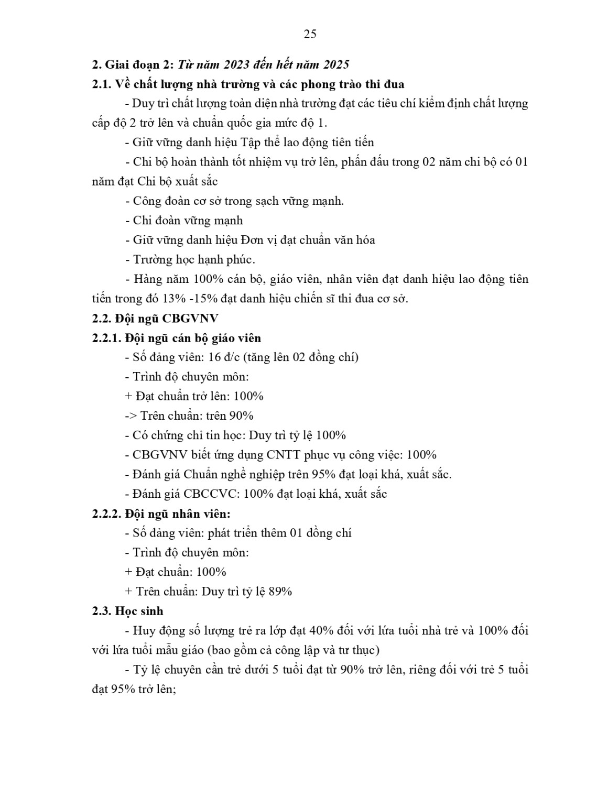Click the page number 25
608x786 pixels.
[x=310, y=35]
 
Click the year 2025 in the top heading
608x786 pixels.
[x=336, y=64]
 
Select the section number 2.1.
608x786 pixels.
[x=102, y=84]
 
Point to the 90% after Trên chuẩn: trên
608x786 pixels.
[x=242, y=416]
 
